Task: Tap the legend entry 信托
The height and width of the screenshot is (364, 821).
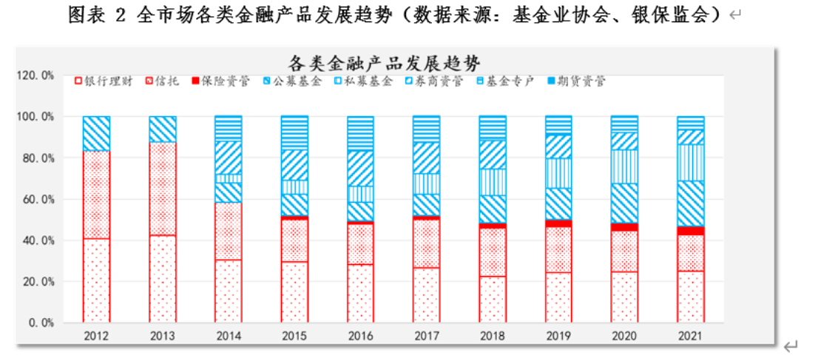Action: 162,81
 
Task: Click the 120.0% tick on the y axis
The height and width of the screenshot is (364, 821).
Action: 35,75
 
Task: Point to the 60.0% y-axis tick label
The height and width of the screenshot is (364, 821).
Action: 38,199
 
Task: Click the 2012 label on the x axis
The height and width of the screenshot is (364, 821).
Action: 96,336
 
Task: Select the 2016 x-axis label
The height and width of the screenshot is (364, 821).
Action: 361,336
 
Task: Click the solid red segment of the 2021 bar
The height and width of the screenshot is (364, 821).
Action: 691,231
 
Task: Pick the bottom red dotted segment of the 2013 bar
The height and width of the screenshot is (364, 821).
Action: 163,279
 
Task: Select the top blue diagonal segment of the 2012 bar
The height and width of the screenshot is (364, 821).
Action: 96,133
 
